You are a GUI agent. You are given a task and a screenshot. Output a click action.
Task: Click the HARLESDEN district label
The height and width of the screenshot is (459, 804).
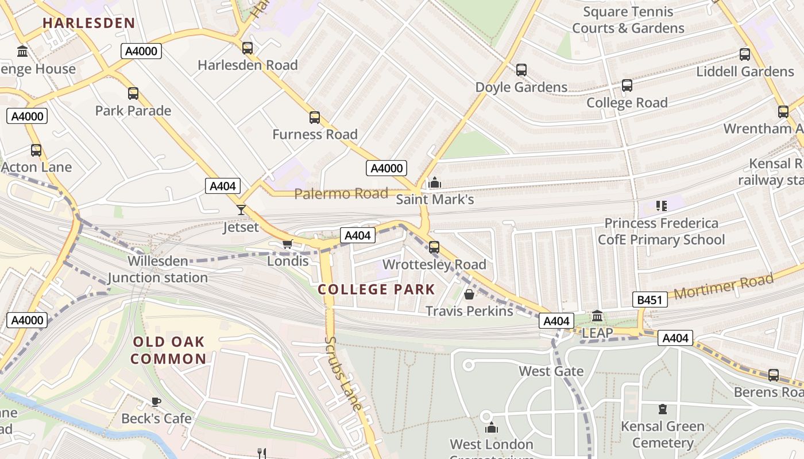(x=89, y=24)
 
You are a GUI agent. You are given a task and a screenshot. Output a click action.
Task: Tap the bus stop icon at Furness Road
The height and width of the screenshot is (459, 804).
(x=314, y=118)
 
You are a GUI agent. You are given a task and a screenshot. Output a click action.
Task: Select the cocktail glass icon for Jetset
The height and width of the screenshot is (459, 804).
(x=241, y=210)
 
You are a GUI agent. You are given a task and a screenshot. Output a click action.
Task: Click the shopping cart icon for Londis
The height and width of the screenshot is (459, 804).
(x=288, y=244)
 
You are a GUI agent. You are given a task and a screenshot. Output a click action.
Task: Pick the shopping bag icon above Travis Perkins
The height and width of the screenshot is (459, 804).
(x=469, y=294)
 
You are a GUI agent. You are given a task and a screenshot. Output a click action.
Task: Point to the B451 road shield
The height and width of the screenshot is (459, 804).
(x=650, y=299)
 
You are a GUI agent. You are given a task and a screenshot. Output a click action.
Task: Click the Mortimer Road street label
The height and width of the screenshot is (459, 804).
(x=723, y=287)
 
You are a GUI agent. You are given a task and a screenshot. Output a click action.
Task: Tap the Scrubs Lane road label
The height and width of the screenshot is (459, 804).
(x=343, y=373)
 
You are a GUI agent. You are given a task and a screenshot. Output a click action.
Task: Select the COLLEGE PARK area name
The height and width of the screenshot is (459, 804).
(x=376, y=289)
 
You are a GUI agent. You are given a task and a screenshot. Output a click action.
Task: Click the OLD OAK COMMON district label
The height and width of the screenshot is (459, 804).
(x=169, y=351)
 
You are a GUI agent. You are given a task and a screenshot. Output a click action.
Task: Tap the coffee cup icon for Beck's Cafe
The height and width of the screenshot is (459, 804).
(x=156, y=402)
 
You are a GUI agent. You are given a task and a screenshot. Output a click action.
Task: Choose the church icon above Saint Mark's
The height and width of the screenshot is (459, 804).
(x=435, y=183)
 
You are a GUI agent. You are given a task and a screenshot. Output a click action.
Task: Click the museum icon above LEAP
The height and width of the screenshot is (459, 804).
(x=597, y=316)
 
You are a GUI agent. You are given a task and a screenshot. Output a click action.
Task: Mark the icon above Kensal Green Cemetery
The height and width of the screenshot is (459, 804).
(x=662, y=410)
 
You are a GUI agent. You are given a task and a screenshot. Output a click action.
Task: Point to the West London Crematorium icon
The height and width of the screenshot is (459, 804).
(x=491, y=428)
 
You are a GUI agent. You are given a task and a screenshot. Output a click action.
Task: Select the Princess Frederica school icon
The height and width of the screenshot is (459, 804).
(x=661, y=205)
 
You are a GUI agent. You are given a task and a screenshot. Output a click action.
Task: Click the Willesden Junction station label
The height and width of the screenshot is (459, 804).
(x=158, y=270)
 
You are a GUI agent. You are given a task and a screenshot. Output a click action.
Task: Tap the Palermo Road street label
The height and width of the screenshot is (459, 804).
(x=341, y=194)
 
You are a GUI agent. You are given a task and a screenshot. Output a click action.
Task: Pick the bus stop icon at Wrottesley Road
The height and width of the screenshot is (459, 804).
(x=434, y=247)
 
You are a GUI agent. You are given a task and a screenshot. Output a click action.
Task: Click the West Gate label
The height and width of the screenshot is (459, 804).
(x=551, y=371)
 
